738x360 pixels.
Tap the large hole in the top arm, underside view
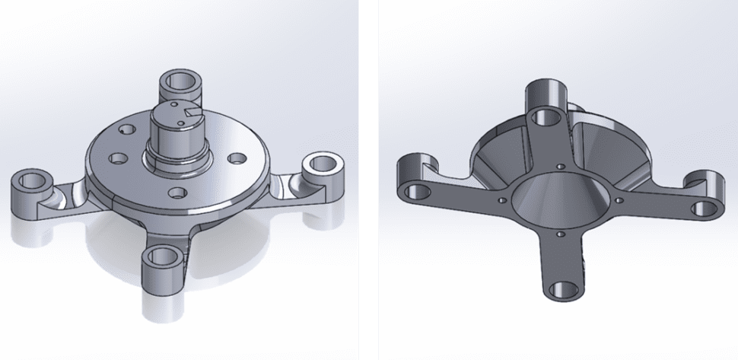pos(546,116)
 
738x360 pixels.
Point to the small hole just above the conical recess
pos(560,165)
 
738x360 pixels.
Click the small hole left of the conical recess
pos(502,200)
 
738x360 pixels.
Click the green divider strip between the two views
pos(369,180)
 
